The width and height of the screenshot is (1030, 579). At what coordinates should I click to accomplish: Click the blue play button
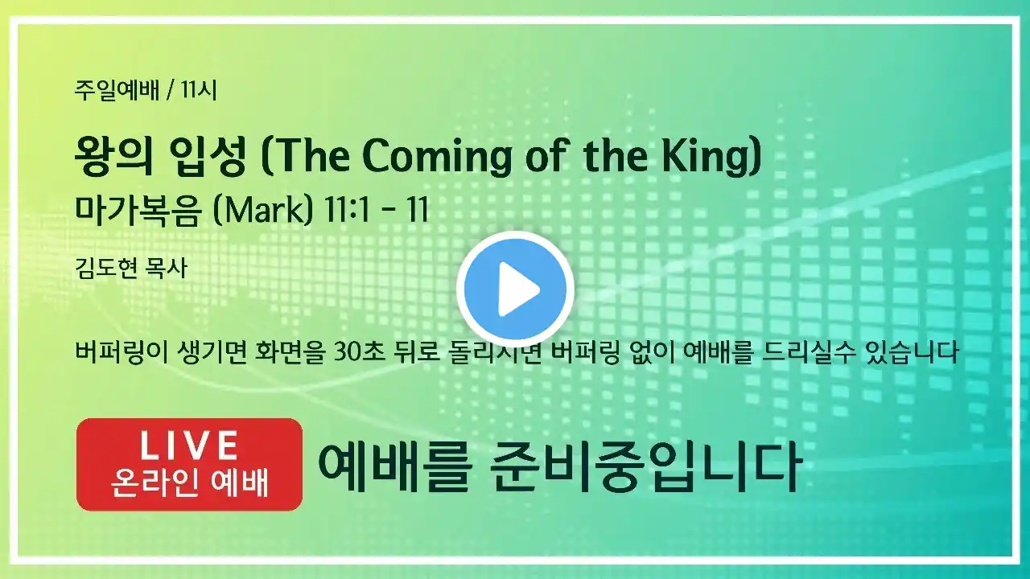coord(516,289)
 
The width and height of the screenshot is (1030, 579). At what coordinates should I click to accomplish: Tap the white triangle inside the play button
coord(517,289)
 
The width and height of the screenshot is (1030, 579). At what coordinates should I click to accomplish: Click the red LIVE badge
coord(189,464)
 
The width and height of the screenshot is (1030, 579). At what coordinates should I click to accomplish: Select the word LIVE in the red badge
coord(189,446)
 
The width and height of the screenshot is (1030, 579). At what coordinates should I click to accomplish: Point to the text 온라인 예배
coord(189,483)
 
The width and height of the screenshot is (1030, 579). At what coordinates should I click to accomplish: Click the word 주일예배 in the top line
coord(117,90)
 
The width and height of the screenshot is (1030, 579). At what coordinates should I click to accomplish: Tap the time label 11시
coord(199,90)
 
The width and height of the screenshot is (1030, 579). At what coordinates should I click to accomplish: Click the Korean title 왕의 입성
coord(160,156)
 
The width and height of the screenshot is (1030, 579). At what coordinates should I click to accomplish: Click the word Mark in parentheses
coord(263,211)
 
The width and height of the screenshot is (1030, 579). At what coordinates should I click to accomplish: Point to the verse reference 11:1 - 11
coord(376,211)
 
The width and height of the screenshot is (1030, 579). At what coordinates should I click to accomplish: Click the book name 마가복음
coord(138,211)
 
